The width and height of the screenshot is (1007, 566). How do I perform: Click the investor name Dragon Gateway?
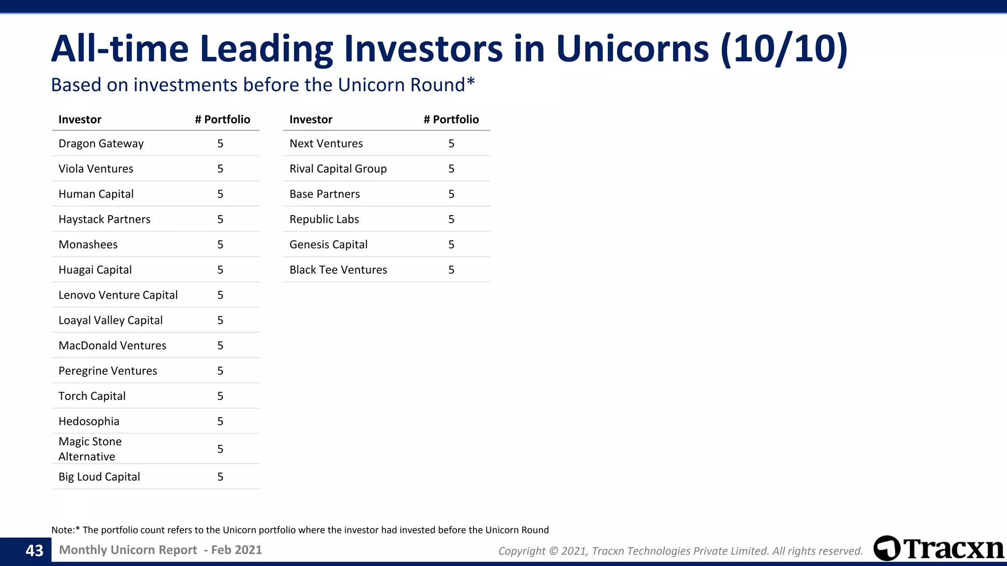tap(101, 143)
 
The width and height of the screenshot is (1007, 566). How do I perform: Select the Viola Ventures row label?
tap(96, 169)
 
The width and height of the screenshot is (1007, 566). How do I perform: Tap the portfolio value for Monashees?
tap(220, 245)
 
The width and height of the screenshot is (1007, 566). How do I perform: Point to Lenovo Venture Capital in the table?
tap(118, 295)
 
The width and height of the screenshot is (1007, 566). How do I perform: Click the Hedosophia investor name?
tap(89, 421)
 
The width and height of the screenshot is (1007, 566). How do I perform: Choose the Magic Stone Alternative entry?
tap(90, 449)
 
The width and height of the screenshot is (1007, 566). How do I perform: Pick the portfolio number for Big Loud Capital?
tap(220, 477)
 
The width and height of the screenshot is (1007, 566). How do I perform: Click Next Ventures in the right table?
tap(326, 143)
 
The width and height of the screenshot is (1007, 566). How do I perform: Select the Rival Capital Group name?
tap(338, 169)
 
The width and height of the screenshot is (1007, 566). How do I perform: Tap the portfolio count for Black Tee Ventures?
tap(451, 270)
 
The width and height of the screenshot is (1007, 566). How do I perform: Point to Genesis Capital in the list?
tap(328, 245)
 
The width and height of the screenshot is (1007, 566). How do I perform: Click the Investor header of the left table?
tap(80, 119)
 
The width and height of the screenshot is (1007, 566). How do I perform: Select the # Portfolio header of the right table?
tap(451, 119)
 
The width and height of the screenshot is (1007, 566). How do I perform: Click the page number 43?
tap(34, 551)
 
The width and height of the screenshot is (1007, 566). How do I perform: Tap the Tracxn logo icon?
tap(887, 548)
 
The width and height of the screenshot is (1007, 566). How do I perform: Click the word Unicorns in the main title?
tap(633, 49)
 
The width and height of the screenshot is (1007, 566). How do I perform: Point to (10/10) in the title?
tap(784, 49)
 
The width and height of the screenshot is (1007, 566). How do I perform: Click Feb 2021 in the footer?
tap(237, 550)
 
